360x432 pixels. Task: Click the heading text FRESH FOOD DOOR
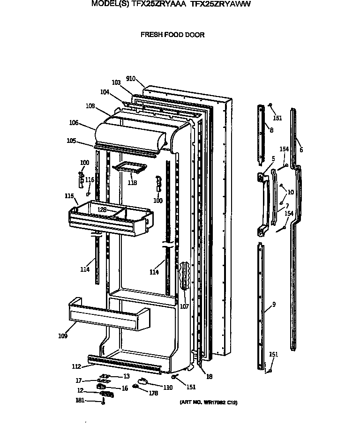click(x=173, y=35)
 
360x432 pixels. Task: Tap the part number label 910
click(x=131, y=79)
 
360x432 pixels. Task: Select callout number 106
click(x=74, y=123)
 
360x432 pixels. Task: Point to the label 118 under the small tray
click(x=132, y=183)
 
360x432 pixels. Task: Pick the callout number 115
click(x=69, y=195)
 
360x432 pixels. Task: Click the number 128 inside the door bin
click(x=102, y=210)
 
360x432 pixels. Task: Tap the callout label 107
click(x=184, y=307)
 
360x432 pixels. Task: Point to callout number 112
click(x=76, y=367)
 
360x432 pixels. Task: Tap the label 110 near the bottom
click(x=167, y=387)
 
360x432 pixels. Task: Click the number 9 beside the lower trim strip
click(x=274, y=305)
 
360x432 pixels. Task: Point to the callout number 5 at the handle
click(x=273, y=159)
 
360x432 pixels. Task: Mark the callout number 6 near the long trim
click(x=301, y=150)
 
